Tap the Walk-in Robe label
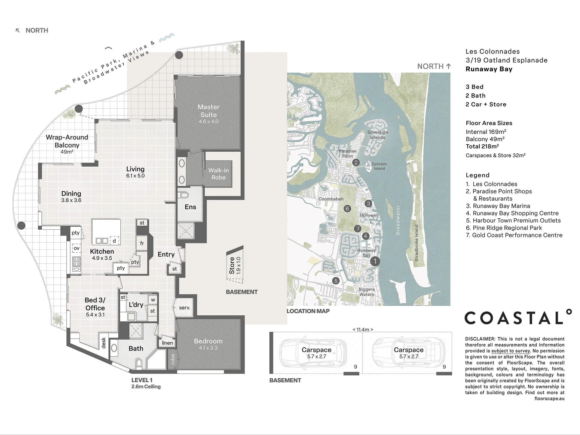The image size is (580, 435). [218, 174]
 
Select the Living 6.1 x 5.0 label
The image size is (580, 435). [135, 172]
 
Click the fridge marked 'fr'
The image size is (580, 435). [142, 243]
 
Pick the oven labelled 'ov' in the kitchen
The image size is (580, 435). [77, 248]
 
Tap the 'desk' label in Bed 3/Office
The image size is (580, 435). [104, 343]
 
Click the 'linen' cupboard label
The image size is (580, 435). [167, 343]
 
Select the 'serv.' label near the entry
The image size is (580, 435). [184, 308]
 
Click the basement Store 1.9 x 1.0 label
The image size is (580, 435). [235, 265]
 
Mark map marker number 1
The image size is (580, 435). [375, 261]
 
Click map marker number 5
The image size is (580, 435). [336, 281]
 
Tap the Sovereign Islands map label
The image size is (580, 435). [378, 135]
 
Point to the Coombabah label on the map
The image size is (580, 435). [331, 199]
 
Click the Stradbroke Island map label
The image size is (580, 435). [416, 243]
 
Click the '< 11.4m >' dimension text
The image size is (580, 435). [363, 329]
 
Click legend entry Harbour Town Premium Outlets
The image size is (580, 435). [513, 220]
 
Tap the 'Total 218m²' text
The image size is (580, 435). [482, 146]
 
